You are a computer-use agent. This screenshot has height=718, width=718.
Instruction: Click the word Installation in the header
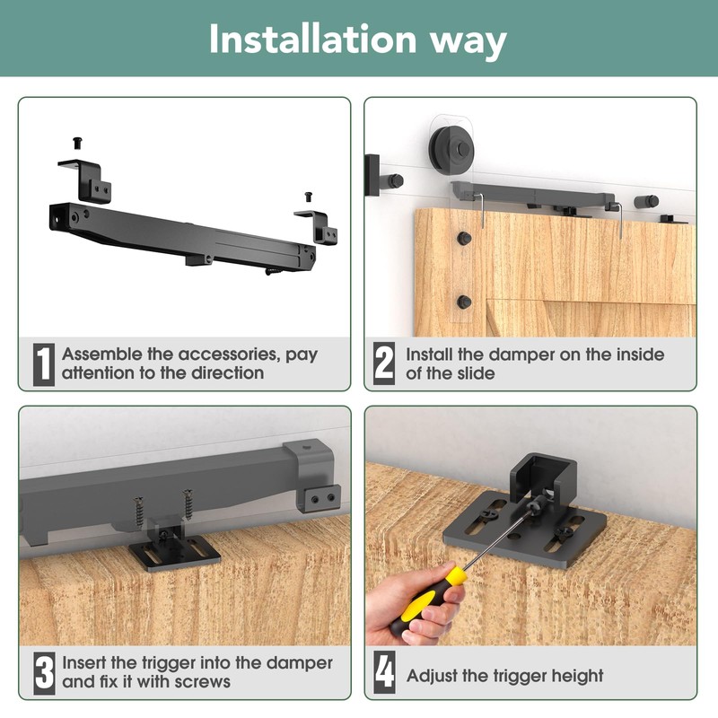[312, 39]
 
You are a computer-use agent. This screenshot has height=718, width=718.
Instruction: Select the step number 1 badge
[44, 364]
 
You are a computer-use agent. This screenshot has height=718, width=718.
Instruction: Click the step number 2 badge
[384, 363]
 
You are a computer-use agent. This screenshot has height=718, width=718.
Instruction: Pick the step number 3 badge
[44, 673]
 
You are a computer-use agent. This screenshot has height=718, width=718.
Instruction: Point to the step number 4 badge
[385, 672]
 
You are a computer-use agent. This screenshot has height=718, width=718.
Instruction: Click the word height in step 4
[577, 676]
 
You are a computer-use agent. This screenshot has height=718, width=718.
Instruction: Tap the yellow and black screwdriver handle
[428, 600]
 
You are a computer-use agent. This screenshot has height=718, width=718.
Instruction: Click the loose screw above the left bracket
[78, 143]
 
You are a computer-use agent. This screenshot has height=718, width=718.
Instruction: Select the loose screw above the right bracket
[309, 197]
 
